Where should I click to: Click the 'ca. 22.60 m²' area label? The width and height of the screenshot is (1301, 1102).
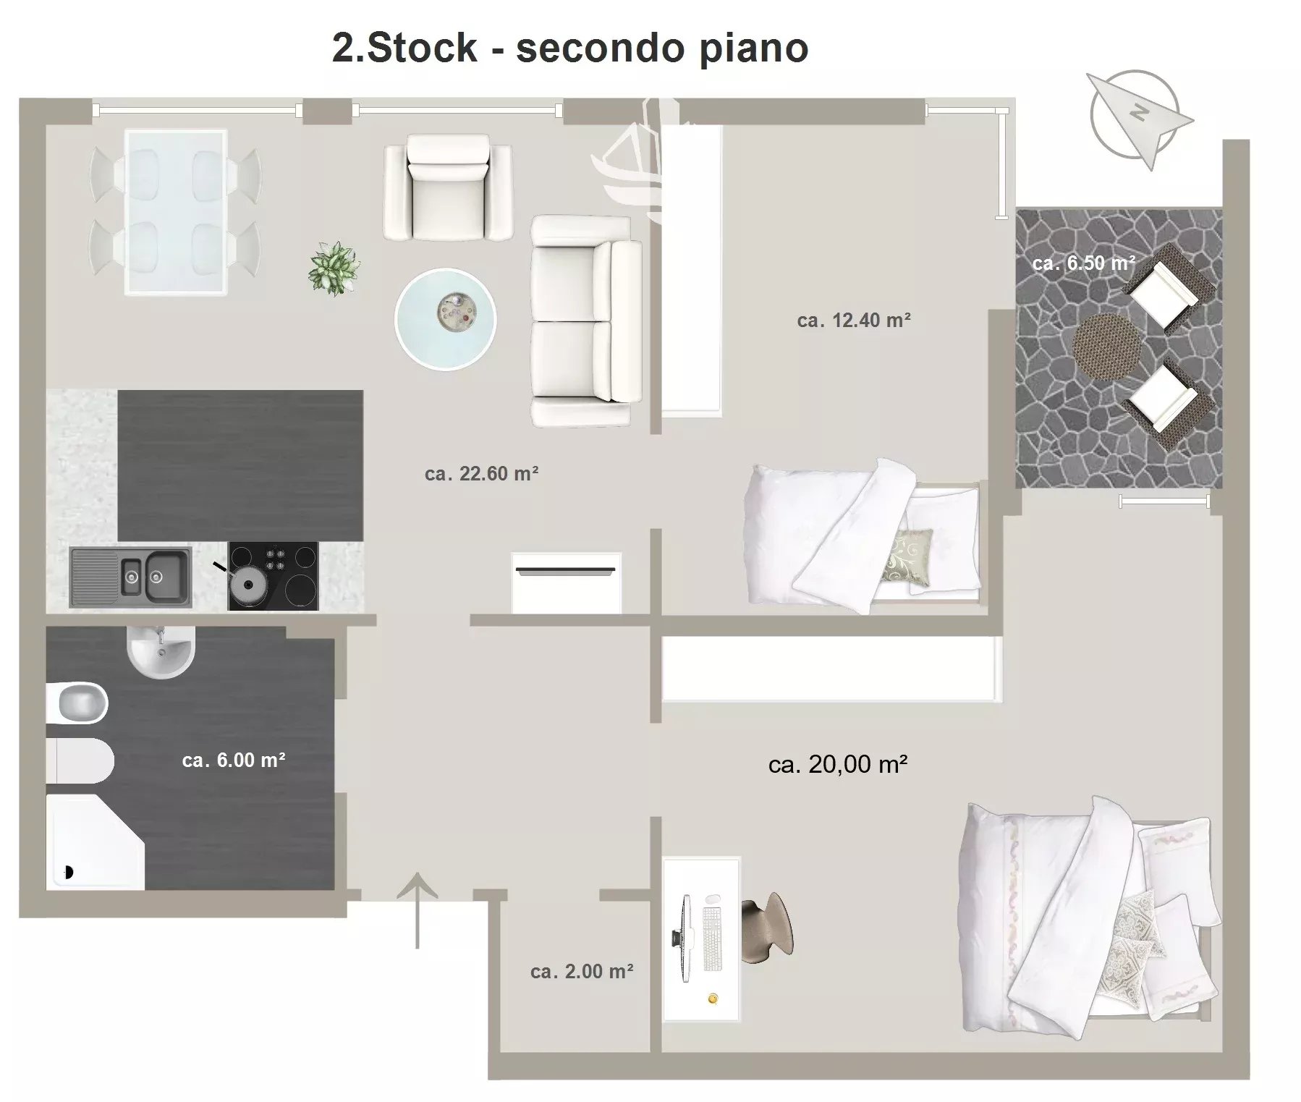[481, 474]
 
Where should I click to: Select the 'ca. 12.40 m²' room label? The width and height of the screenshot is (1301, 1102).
[854, 320]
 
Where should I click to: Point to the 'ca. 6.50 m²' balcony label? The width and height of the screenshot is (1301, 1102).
[1083, 263]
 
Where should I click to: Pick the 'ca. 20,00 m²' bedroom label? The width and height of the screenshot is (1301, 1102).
[838, 764]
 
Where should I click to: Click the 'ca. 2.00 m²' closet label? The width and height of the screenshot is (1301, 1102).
[582, 971]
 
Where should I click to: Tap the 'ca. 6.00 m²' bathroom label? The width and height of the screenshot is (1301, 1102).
[234, 760]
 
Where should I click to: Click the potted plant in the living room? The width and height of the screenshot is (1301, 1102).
[334, 268]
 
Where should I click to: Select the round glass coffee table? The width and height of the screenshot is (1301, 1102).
[446, 318]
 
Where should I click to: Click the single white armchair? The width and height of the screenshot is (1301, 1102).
[449, 187]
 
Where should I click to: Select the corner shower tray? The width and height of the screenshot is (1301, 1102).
[96, 842]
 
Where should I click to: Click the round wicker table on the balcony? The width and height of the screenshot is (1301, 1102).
[1105, 347]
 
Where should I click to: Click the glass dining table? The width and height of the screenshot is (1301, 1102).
[175, 212]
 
